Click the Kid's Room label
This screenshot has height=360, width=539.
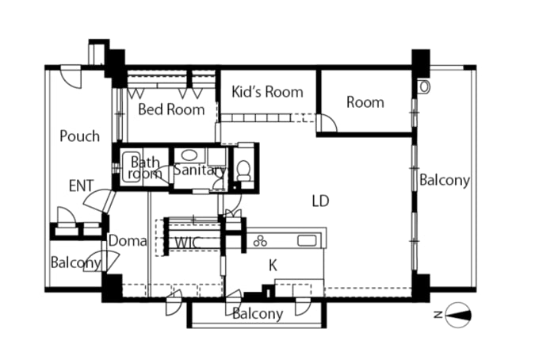[x=267, y=92]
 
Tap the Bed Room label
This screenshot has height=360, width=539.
[x=171, y=109]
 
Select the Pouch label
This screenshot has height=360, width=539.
[x=80, y=136]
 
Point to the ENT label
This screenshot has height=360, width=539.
[x=81, y=186]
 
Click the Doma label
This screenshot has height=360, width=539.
[x=128, y=241]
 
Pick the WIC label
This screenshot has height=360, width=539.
[x=187, y=243]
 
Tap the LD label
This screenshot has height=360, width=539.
[x=320, y=201]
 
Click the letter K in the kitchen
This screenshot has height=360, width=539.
[x=273, y=266]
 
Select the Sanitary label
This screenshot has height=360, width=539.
[x=200, y=170]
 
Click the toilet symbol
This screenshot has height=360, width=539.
[x=244, y=171]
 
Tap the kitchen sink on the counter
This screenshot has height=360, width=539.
[x=307, y=240]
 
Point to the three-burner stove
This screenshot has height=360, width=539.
[x=260, y=241]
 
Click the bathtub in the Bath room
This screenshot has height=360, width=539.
[x=132, y=167]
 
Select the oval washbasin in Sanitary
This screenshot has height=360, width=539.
[x=189, y=155]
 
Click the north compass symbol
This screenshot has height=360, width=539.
[x=457, y=315]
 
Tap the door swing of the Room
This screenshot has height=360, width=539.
[x=327, y=123]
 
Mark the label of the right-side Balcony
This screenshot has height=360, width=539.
[x=445, y=180]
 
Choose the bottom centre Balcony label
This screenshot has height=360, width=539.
[x=258, y=313]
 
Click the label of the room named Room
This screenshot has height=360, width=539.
[x=365, y=102]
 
